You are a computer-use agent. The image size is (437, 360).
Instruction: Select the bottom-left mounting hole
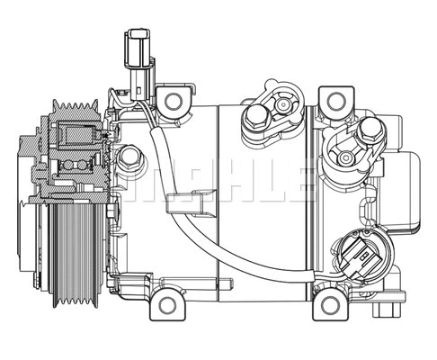167,304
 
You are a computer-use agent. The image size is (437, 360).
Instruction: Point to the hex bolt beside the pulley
131,160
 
